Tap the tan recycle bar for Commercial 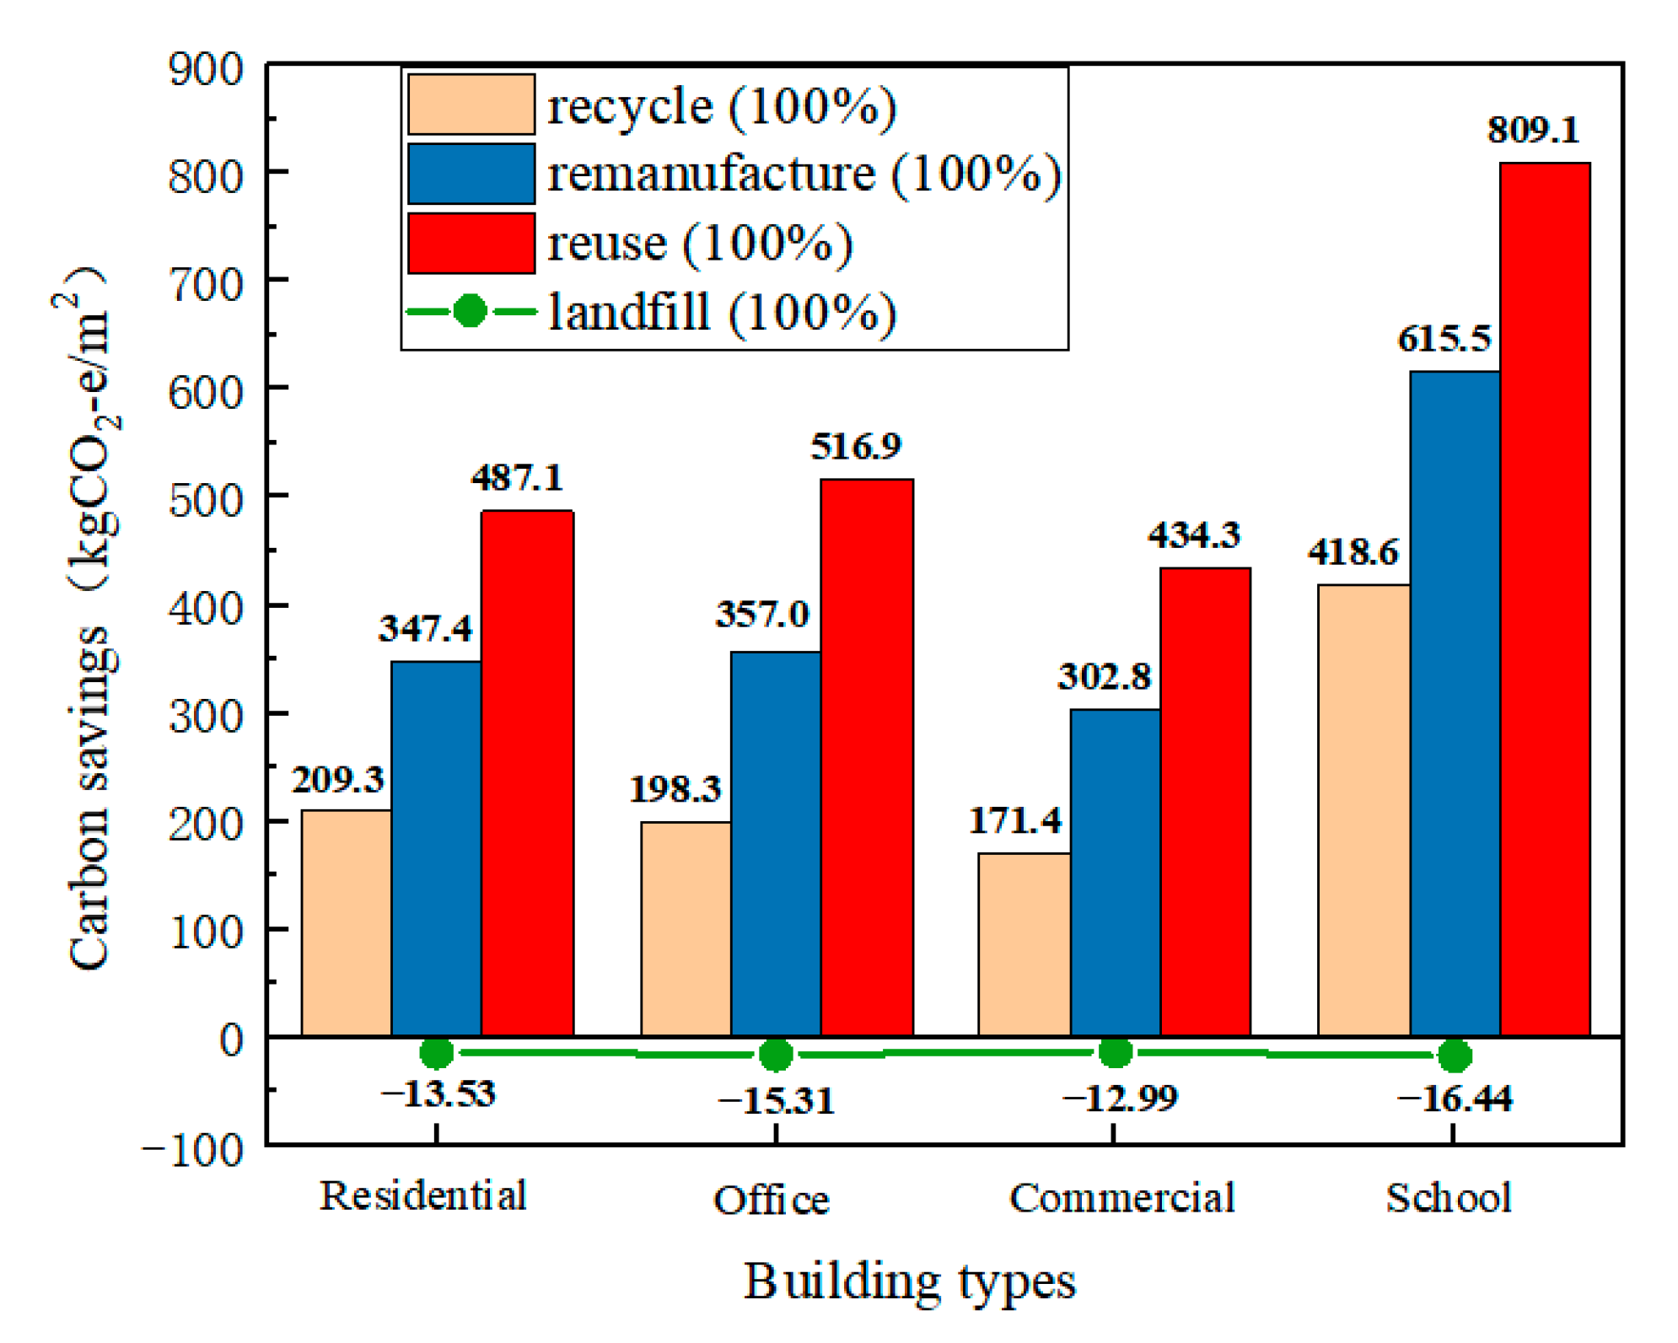[1023, 944]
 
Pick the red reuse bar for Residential [526, 771]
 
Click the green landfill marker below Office [775, 1054]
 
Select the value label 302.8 [1103, 676]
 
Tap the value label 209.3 [337, 780]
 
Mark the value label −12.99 [1119, 1098]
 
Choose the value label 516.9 [855, 446]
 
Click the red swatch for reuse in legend [471, 243]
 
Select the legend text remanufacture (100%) [804, 175]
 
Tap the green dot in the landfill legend [470, 311]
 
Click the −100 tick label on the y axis [192, 1150]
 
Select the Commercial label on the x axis [1121, 1198]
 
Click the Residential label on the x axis [423, 1195]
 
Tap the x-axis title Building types [909, 1282]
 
